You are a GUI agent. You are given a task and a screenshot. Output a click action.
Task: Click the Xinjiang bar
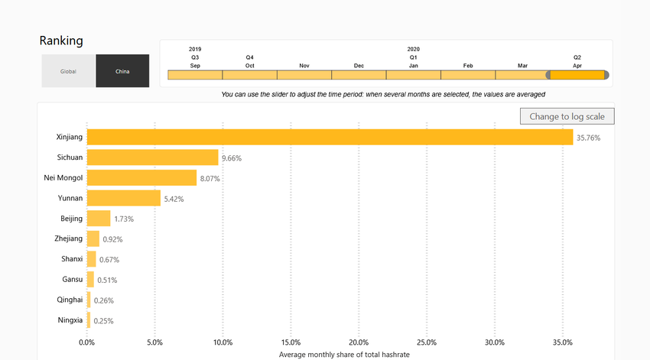coord(330,138)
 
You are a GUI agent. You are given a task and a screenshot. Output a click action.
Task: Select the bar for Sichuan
coord(152,158)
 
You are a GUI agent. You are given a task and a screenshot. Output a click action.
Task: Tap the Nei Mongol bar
coord(141,178)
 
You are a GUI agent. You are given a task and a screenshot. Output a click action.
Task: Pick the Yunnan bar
coord(123,199)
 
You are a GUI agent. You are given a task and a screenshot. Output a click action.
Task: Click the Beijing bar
coord(99,219)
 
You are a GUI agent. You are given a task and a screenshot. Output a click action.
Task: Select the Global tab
coord(69,71)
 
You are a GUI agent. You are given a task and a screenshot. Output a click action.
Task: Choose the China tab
coord(122,71)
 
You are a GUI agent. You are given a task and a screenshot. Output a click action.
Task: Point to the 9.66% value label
coord(231,158)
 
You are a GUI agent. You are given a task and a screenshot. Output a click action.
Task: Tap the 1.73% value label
coord(124,219)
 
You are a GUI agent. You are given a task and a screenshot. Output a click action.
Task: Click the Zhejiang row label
coord(69,239)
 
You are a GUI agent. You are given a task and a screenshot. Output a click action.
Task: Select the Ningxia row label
coord(70,320)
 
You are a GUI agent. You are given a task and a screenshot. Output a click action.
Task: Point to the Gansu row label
coord(72,280)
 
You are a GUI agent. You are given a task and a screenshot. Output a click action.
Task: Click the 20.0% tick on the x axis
coord(359,342)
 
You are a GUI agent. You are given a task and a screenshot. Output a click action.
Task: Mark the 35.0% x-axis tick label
coord(562,342)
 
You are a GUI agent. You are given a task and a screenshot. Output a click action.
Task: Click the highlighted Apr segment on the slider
coord(577,75)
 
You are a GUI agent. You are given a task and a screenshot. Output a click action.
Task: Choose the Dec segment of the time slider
coord(359,75)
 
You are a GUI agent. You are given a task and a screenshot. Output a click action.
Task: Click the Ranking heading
coord(61,41)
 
